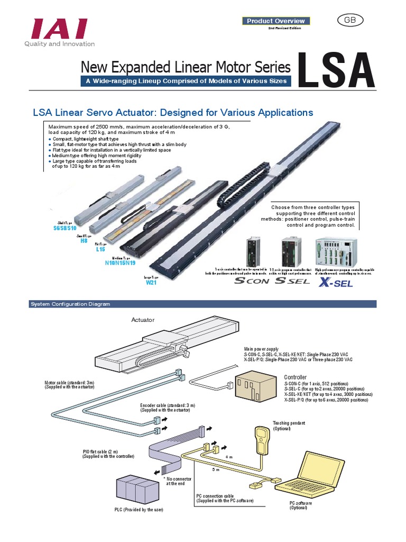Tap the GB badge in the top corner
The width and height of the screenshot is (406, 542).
point(350,20)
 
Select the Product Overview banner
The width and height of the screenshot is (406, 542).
point(275,21)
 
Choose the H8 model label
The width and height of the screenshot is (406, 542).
point(84,240)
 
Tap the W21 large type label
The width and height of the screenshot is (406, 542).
point(152,282)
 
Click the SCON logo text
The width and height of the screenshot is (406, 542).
point(251,281)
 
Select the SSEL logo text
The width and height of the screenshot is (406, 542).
point(292,281)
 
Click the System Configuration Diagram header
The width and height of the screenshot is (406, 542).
point(70,304)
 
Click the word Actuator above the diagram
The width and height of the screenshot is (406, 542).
point(144,320)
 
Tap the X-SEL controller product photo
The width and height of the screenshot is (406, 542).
point(336,251)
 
